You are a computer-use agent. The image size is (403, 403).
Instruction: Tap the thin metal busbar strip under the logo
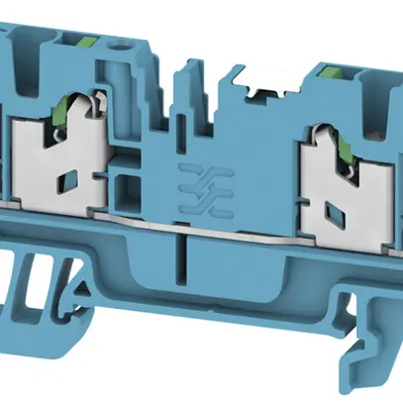click(x=198, y=224)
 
